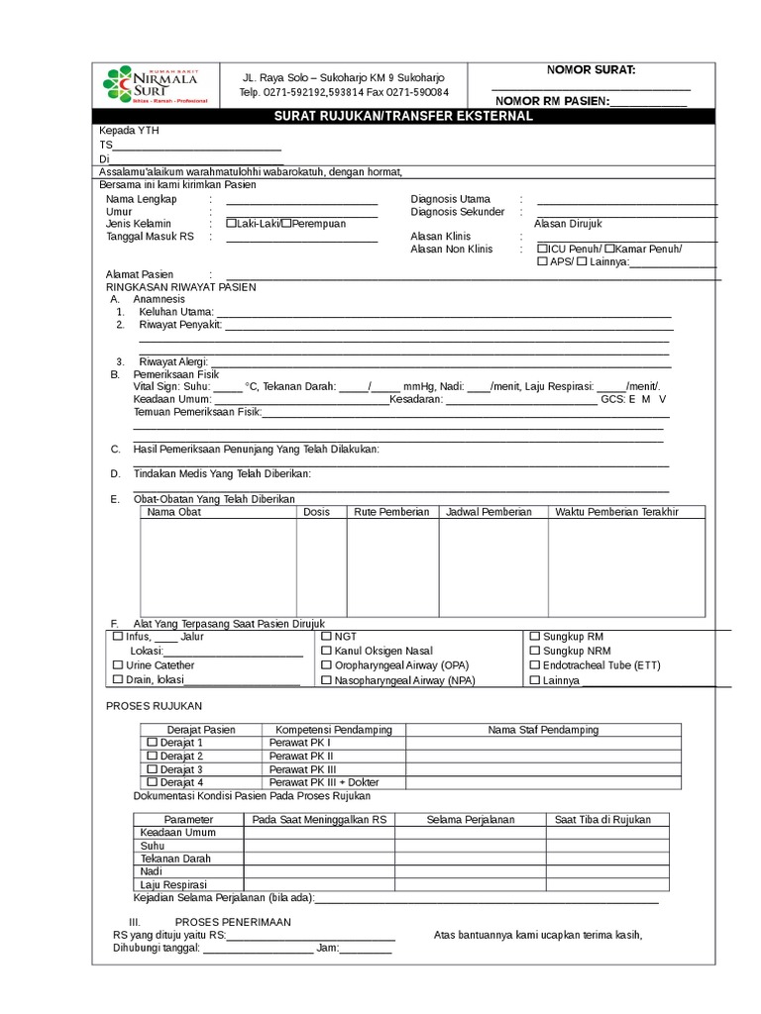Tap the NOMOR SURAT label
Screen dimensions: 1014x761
pos(592,69)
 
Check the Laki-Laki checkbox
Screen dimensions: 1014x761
pos(231,224)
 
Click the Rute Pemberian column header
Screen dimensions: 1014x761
pos(391,512)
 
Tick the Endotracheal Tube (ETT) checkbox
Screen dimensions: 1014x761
pos(535,665)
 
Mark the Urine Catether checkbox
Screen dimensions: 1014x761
pos(119,665)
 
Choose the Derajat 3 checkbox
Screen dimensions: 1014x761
pos(152,769)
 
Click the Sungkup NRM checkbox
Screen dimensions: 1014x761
pos(535,651)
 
